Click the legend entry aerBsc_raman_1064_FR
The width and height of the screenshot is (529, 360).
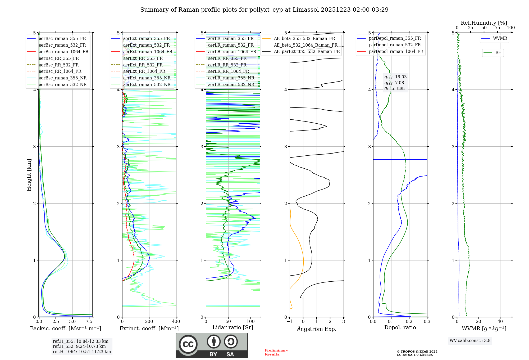tap(63, 52)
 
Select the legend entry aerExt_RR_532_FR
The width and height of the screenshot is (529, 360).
tap(143, 65)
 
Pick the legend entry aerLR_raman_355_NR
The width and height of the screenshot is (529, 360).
tap(231, 78)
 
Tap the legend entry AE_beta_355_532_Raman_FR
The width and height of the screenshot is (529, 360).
tap(304, 38)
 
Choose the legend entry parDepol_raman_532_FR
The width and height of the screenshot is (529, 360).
tap(395, 45)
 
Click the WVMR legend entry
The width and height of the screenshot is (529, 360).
tap(500, 38)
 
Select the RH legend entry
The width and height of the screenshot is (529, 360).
tap(498, 53)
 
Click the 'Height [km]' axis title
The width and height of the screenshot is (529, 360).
tap(29, 175)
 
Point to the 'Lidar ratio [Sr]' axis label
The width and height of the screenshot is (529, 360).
tap(233, 327)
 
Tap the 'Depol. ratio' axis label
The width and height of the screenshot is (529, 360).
tap(400, 327)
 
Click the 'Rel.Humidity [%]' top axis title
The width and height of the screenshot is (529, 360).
tap(484, 23)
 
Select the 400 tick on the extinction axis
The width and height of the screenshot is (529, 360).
tap(176, 322)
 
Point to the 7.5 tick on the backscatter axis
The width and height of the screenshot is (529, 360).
tap(89, 322)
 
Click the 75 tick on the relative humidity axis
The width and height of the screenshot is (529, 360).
tap(498, 28)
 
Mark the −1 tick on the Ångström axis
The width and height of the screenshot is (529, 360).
tap(290, 322)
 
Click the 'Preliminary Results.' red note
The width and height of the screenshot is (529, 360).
tap(276, 352)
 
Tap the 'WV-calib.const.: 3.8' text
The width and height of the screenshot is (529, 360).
tap(470, 341)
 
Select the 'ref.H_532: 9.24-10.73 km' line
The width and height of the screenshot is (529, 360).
tap(79, 346)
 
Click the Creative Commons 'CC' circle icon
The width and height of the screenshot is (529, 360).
tap(188, 344)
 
